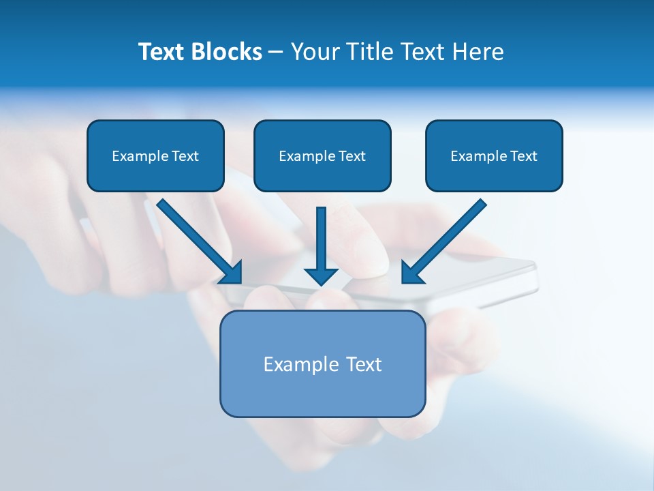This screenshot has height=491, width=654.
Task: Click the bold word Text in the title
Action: pos(161,52)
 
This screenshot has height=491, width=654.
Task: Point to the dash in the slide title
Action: pos(276,53)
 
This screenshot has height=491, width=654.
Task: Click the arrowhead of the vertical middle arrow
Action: pos(321,276)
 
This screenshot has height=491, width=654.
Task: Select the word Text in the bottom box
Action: pos(364,364)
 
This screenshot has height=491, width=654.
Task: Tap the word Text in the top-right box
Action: pos(523,156)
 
